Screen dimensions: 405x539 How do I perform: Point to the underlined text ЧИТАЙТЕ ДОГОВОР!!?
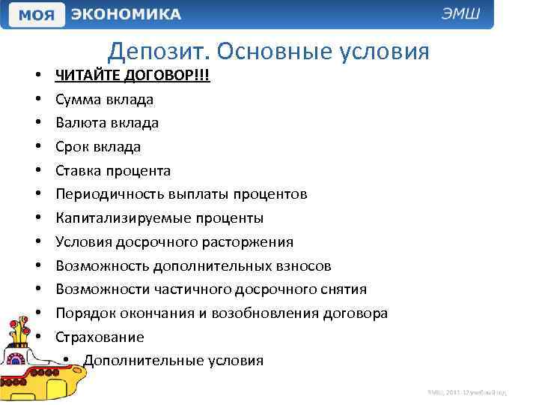[133, 75]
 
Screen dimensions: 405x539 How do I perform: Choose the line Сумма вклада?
[104, 99]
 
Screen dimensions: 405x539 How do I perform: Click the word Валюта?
[81, 122]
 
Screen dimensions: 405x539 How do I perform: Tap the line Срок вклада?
[97, 146]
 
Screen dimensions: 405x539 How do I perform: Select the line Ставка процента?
[112, 170]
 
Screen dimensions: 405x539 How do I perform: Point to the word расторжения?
[249, 242]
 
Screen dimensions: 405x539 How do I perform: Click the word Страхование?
[100, 337]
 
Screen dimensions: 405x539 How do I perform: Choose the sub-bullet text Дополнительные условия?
[173, 361]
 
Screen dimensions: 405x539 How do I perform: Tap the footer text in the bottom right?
[467, 392]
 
